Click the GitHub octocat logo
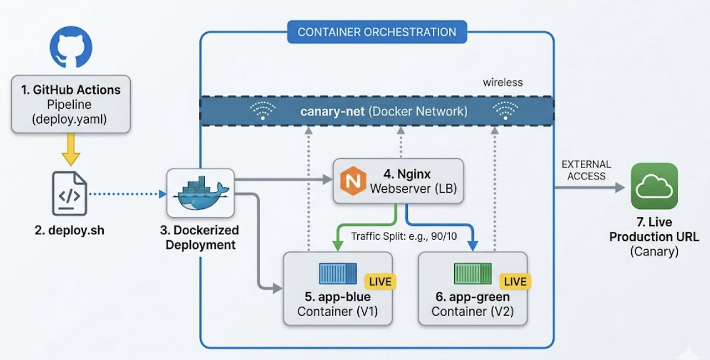(x=70, y=47)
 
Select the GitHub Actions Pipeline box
(x=70, y=104)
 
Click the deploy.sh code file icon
(x=69, y=194)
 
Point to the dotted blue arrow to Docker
(x=128, y=194)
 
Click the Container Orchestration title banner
(x=377, y=32)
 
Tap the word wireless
(x=503, y=83)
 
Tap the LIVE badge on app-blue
(x=380, y=281)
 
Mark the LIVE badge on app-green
(x=515, y=281)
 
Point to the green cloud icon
(x=654, y=186)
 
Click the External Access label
(x=586, y=170)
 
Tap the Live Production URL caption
(x=654, y=237)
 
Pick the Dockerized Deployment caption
(x=199, y=237)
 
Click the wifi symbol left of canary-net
(x=262, y=111)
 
